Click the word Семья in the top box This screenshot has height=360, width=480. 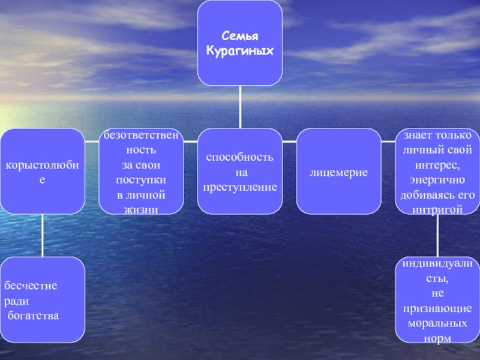[x=240, y=37]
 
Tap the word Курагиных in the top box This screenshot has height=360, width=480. [x=240, y=51]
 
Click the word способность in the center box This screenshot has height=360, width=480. [x=240, y=158]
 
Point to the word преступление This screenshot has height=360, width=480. [x=240, y=187]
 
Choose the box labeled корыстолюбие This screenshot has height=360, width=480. [x=42, y=172]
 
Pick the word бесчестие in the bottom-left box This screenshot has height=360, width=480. [x=31, y=286]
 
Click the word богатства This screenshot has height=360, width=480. [x=34, y=315]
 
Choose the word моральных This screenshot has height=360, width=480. [x=437, y=323]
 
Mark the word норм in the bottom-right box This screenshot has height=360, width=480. [x=437, y=338]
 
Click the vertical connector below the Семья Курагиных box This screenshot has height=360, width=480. [x=240, y=107]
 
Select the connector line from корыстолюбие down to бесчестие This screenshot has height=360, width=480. [x=43, y=235]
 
